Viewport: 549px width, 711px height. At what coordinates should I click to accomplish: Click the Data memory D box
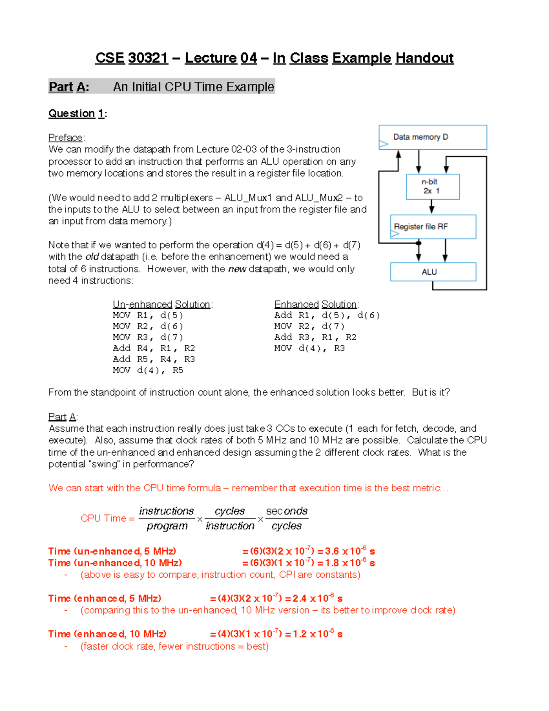tap(432, 137)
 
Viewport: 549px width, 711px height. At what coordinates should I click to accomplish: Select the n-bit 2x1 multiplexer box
tap(432, 186)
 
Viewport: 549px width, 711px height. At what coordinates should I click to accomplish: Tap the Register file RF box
tap(432, 227)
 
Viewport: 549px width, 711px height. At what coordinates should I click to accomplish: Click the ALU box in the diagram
tap(432, 271)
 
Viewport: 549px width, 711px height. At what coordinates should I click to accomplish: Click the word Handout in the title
tap(424, 58)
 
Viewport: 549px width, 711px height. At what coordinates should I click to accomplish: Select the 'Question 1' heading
tap(77, 114)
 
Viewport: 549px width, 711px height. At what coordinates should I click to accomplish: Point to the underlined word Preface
tap(65, 138)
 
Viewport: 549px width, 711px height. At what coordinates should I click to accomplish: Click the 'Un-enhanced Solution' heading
tap(161, 304)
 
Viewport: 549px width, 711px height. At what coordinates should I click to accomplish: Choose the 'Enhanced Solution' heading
tap(315, 304)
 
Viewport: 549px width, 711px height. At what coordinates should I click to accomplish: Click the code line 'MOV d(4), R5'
tap(148, 370)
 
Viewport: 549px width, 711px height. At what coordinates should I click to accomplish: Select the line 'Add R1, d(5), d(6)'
tap(327, 315)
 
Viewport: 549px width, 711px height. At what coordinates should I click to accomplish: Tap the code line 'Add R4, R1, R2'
tap(154, 348)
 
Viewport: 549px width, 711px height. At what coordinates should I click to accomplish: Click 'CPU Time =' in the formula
tap(108, 518)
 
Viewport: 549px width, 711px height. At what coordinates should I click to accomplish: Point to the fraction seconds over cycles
tap(286, 519)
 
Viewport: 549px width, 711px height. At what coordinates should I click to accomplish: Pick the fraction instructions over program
tap(167, 519)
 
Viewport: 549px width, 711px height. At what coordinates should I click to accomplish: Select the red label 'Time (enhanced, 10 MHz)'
tap(107, 634)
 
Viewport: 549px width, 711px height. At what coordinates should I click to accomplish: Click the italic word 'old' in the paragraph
tap(92, 257)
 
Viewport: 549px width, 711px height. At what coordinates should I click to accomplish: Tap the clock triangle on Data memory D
tap(383, 144)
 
